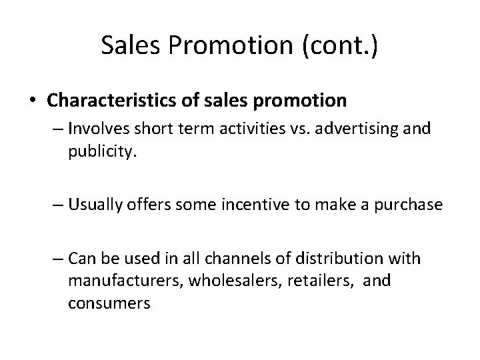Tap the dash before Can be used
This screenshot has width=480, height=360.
click(56, 257)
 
